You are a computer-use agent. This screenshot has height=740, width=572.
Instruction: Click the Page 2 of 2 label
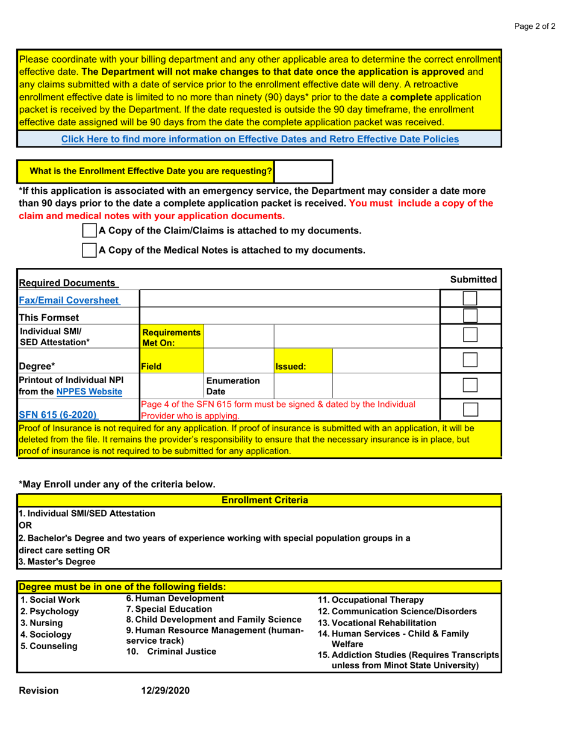tap(535, 26)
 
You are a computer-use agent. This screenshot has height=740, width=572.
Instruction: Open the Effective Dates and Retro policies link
tap(260, 139)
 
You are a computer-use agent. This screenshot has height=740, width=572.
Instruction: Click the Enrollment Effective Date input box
tap(303, 172)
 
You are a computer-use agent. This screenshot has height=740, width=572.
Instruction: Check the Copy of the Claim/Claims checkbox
tap(89, 231)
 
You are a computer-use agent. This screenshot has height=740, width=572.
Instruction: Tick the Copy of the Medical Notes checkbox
tap(89, 250)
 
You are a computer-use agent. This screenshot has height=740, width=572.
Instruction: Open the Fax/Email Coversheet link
tap(69, 300)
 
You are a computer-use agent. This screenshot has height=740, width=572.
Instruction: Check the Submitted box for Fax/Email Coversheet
tap(470, 299)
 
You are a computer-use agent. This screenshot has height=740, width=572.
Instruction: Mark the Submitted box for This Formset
tap(470, 316)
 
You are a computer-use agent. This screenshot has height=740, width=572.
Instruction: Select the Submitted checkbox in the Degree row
tap(470, 361)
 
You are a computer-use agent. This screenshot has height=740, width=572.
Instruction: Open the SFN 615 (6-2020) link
tap(58, 414)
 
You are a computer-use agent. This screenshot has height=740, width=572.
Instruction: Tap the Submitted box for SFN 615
tap(470, 409)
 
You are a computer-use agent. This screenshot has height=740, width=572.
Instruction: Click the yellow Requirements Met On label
tap(163, 337)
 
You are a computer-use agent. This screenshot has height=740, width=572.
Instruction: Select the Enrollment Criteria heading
tap(265, 500)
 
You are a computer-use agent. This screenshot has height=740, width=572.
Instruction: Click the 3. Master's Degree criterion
tap(57, 562)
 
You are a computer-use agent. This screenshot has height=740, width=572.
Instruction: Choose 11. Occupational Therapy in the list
tap(370, 600)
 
